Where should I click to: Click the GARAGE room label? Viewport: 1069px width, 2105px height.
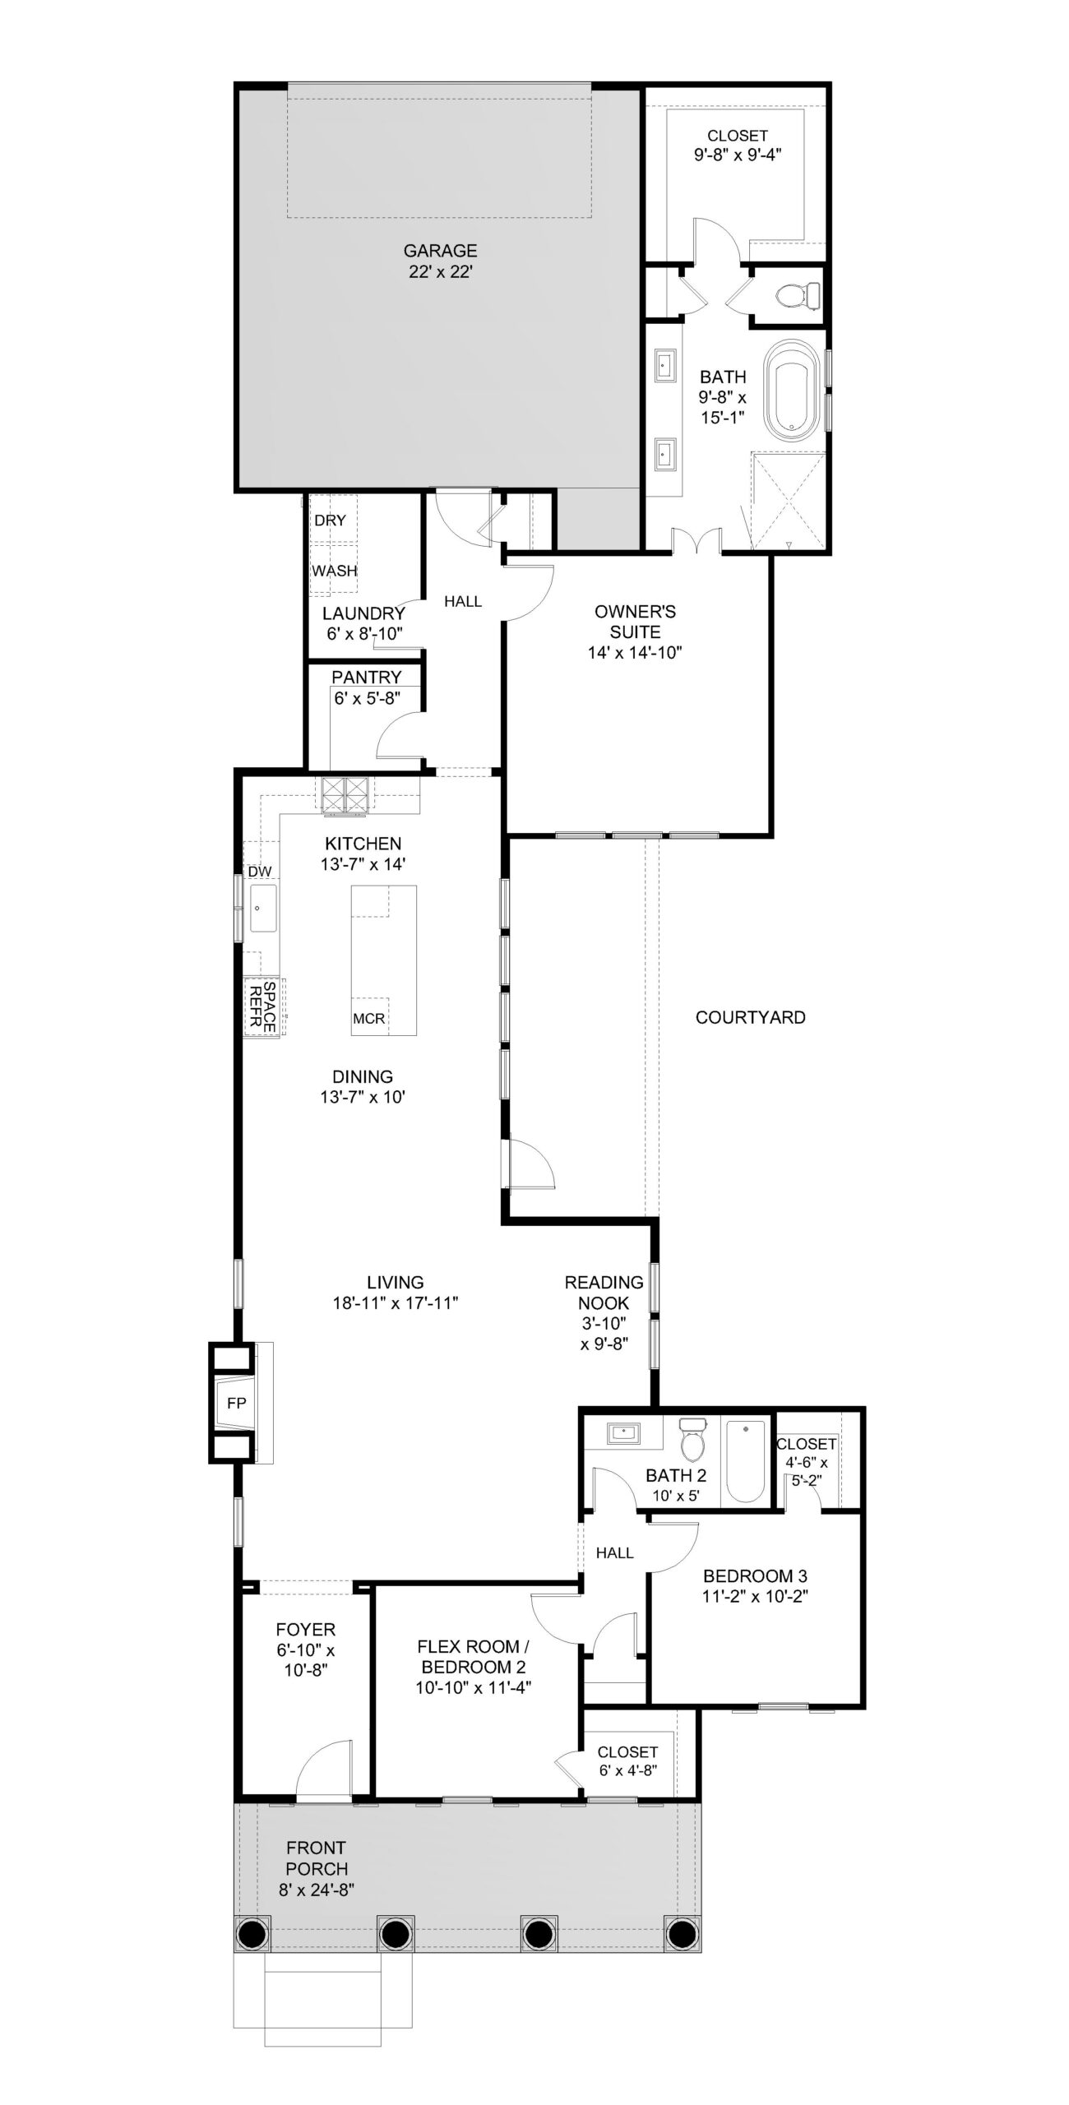[x=440, y=251]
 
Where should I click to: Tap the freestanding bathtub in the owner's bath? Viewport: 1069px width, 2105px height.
[x=793, y=388]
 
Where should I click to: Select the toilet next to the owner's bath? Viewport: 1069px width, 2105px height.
[x=798, y=294]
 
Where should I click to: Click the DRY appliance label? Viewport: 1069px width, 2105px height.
[x=330, y=520]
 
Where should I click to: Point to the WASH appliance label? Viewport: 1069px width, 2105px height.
[x=334, y=571]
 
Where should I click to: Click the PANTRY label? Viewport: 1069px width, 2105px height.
[x=366, y=677]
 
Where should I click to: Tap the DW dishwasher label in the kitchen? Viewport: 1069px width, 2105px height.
[x=260, y=872]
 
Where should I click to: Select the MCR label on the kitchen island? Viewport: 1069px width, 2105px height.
[x=368, y=1019]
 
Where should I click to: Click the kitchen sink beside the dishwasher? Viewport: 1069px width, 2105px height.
[x=263, y=908]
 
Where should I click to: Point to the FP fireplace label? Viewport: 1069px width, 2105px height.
[x=237, y=1403]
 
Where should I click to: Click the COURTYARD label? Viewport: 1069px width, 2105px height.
[x=750, y=1017]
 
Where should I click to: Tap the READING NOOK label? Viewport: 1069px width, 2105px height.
[x=604, y=1293]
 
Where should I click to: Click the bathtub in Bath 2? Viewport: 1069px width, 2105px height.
[x=746, y=1461]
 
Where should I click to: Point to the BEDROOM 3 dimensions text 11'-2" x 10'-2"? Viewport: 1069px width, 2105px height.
[x=755, y=1597]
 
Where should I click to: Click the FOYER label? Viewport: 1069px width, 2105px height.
[x=305, y=1629]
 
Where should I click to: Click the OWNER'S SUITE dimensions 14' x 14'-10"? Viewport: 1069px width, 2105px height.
[x=635, y=653]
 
